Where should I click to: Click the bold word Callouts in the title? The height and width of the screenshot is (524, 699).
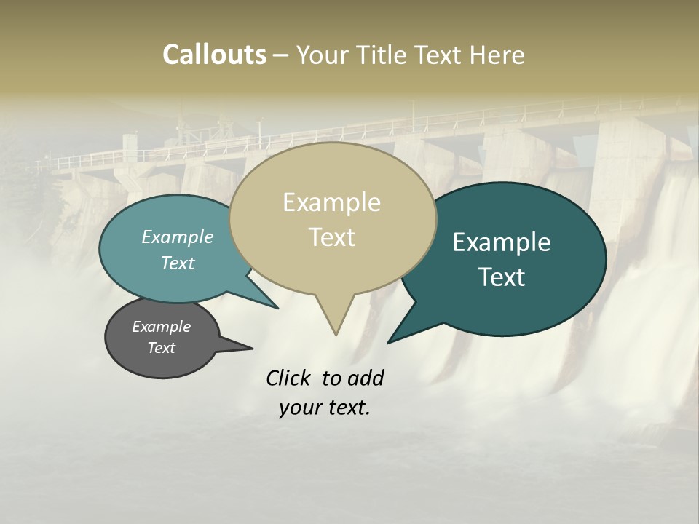click(214, 55)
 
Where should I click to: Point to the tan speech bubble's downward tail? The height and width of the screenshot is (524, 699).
click(335, 317)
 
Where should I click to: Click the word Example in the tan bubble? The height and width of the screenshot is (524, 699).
click(331, 202)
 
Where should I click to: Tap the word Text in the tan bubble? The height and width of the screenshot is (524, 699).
click(332, 237)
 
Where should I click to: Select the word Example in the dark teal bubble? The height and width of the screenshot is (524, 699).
click(502, 242)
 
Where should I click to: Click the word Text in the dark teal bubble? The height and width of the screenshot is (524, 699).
click(502, 277)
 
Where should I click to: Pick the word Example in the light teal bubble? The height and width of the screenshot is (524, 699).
click(178, 237)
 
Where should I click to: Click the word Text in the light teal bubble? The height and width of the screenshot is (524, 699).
click(178, 263)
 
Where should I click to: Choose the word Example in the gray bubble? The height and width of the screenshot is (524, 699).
click(162, 327)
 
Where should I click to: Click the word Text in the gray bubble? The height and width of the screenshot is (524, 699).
click(162, 348)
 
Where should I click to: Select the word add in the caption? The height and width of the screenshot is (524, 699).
click(366, 378)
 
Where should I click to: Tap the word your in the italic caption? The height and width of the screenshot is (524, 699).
click(300, 408)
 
